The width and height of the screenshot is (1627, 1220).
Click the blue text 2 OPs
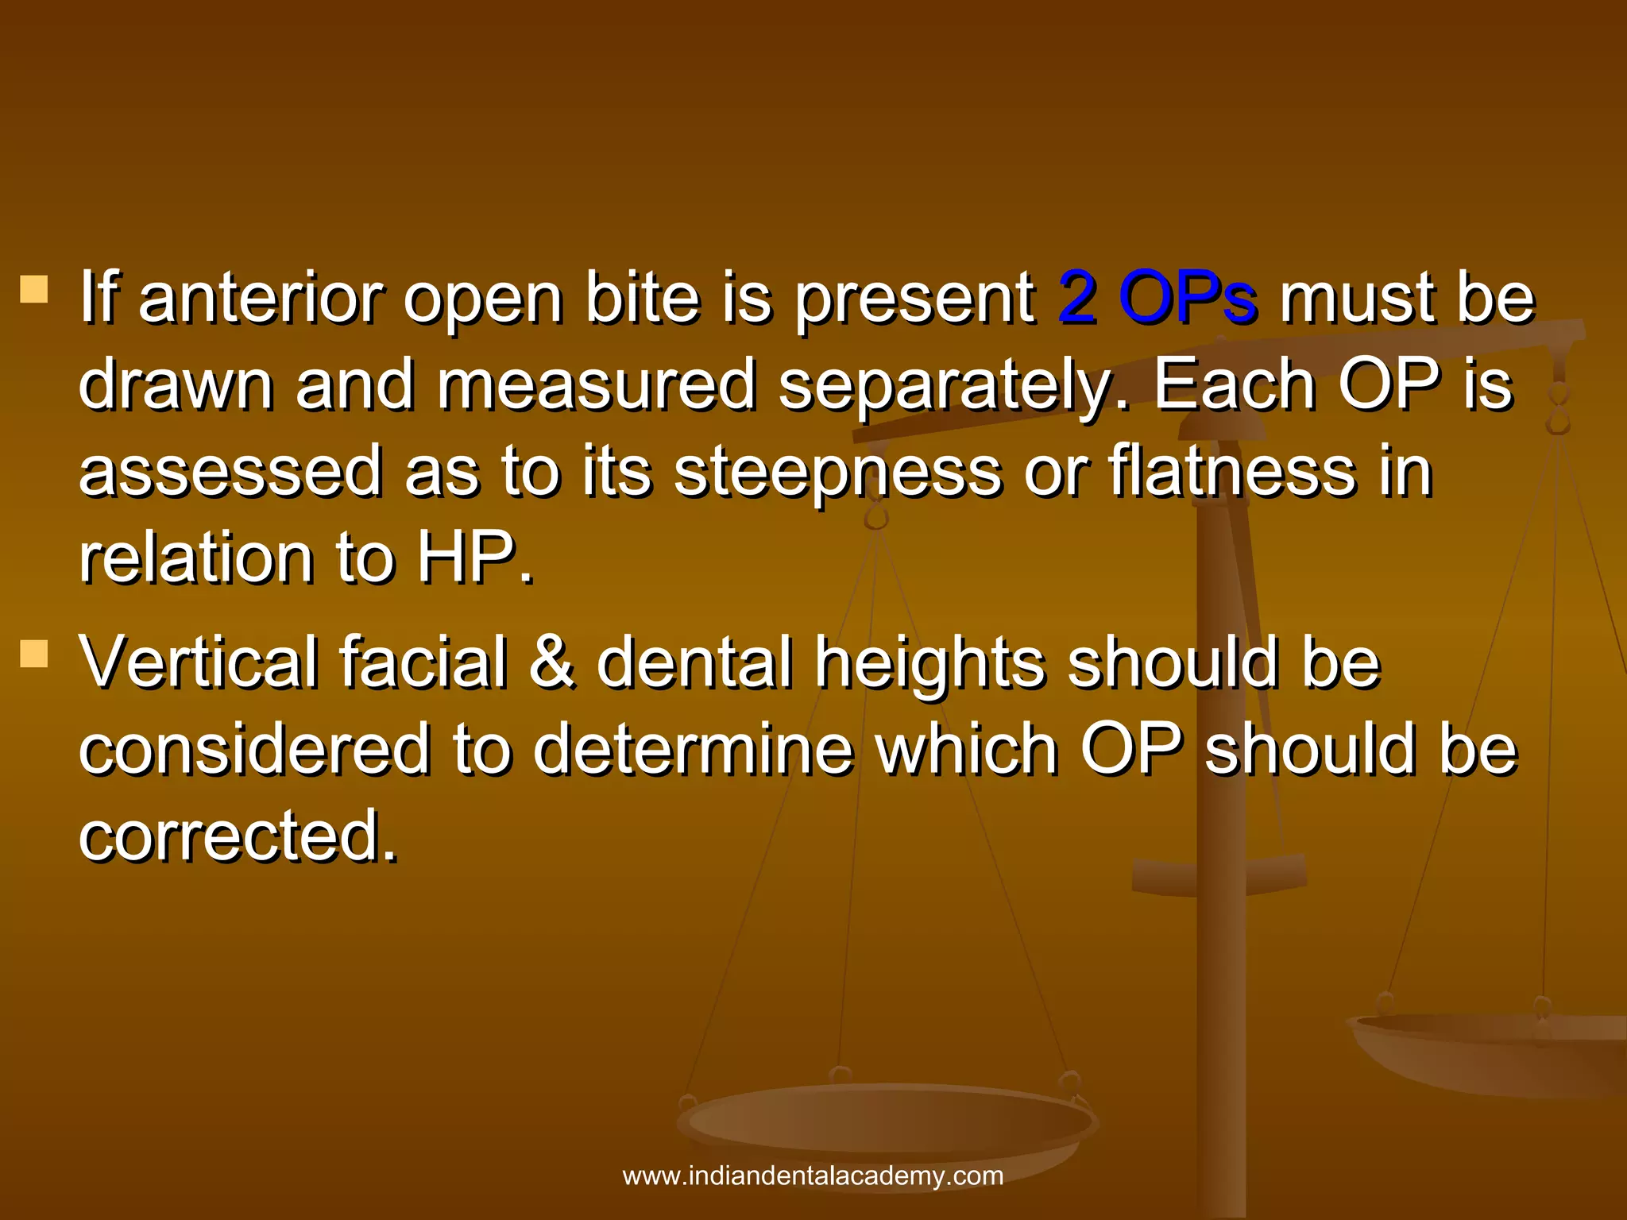[x=1157, y=298]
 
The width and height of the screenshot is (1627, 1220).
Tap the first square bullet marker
[x=34, y=290]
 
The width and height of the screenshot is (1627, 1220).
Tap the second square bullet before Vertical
[x=34, y=654]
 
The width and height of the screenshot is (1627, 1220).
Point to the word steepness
[x=838, y=473]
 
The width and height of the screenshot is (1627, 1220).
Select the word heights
[x=930, y=663]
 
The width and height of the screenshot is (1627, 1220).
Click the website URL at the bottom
[x=813, y=1176]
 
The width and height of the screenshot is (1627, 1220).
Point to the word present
[x=914, y=299]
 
